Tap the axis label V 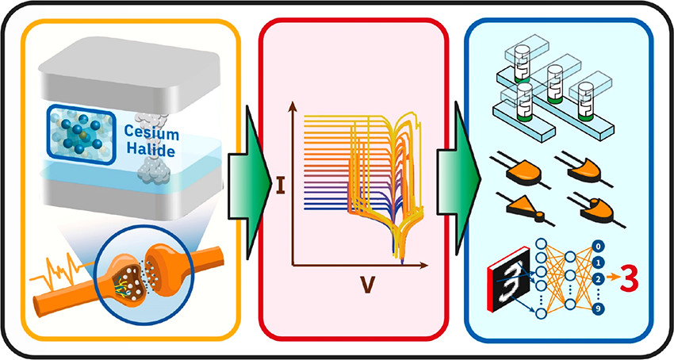point(367,284)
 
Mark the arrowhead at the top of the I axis point(293,105)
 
